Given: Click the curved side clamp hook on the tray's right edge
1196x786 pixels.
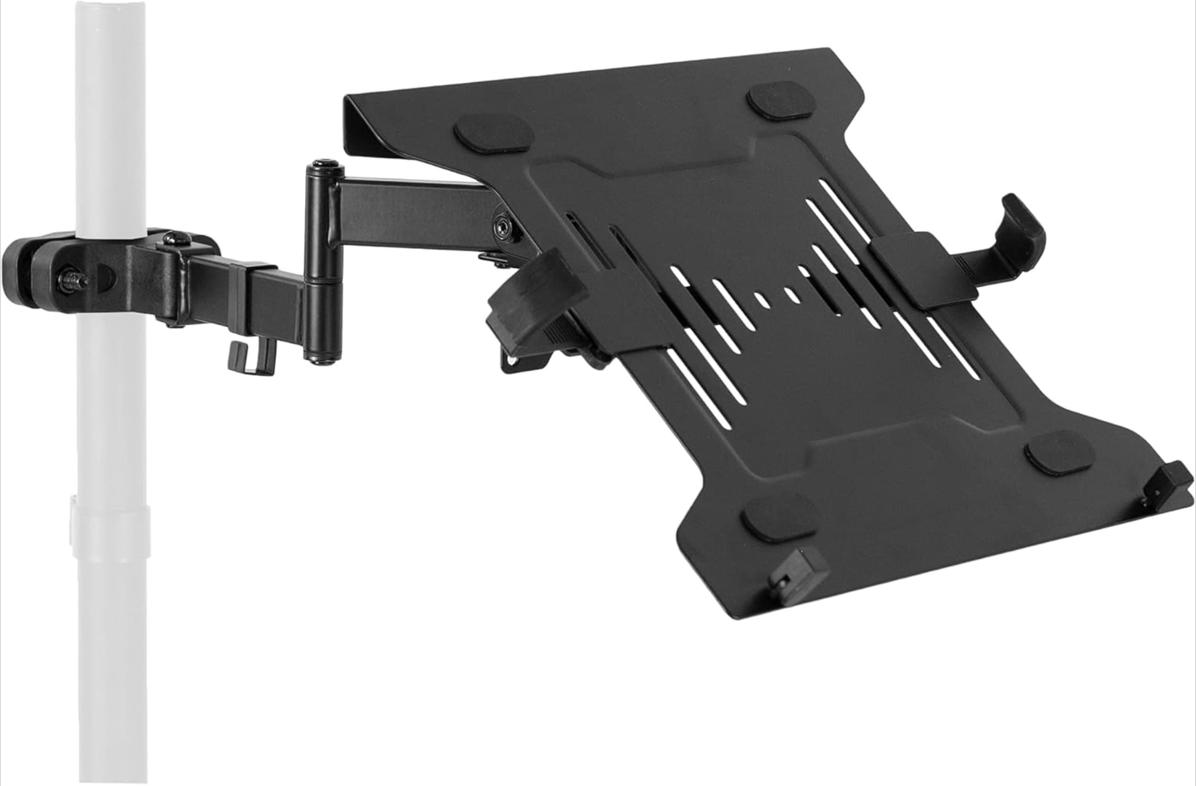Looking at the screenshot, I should [1014, 225].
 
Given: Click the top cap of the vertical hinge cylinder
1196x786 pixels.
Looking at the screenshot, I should [322, 170].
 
